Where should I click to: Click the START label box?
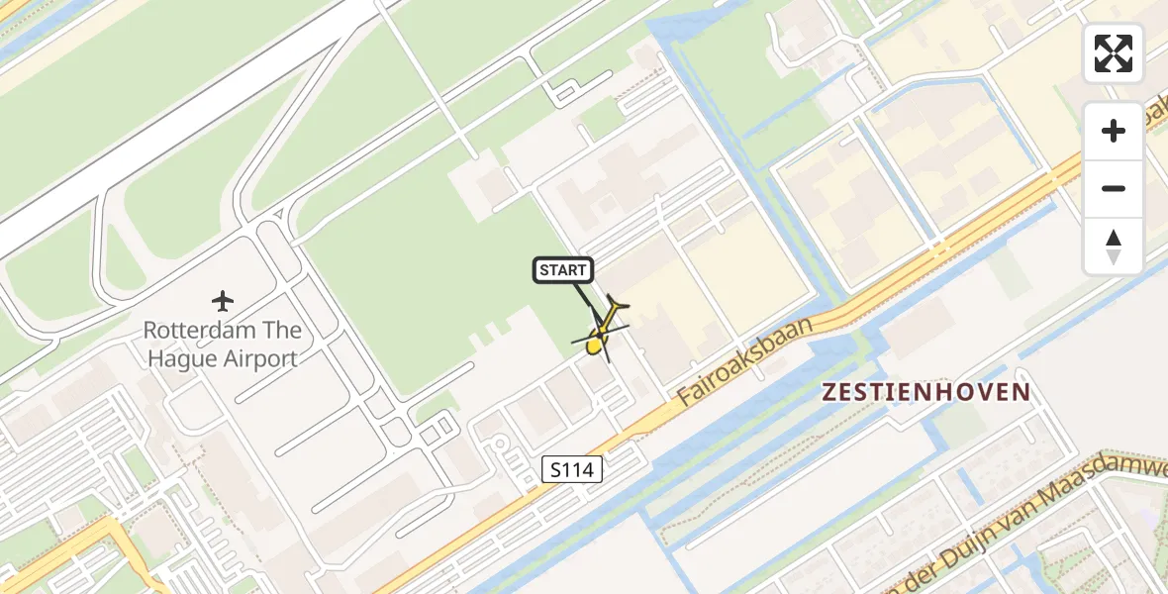564,270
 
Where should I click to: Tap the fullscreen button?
1114,53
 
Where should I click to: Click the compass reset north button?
1114,247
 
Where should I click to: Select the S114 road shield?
573,470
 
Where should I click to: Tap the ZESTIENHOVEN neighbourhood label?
926,392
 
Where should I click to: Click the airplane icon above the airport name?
223,300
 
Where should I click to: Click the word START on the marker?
564,270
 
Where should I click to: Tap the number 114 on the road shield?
579,470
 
